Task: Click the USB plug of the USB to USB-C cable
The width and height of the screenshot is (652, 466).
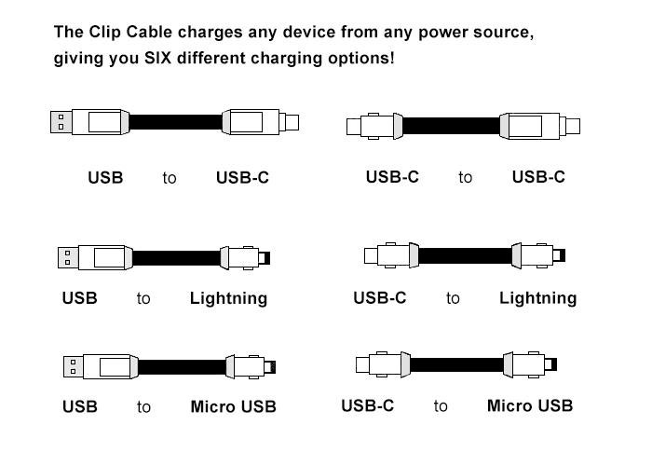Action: click(61, 121)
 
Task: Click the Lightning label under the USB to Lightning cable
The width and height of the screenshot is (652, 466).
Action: click(228, 299)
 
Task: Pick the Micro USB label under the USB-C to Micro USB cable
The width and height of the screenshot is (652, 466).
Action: click(530, 405)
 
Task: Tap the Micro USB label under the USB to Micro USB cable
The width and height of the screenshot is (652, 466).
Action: click(233, 406)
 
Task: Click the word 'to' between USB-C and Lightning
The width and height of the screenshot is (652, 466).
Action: click(453, 299)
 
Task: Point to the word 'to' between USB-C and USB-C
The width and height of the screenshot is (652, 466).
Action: click(465, 177)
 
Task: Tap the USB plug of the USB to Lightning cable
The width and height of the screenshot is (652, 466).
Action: click(68, 256)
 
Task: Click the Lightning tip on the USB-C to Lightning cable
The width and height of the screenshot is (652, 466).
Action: click(559, 254)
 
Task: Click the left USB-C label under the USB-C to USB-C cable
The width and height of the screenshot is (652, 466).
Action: click(392, 177)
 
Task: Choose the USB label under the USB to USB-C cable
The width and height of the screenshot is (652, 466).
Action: click(105, 177)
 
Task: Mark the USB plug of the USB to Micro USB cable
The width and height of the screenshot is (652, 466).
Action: click(70, 365)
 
